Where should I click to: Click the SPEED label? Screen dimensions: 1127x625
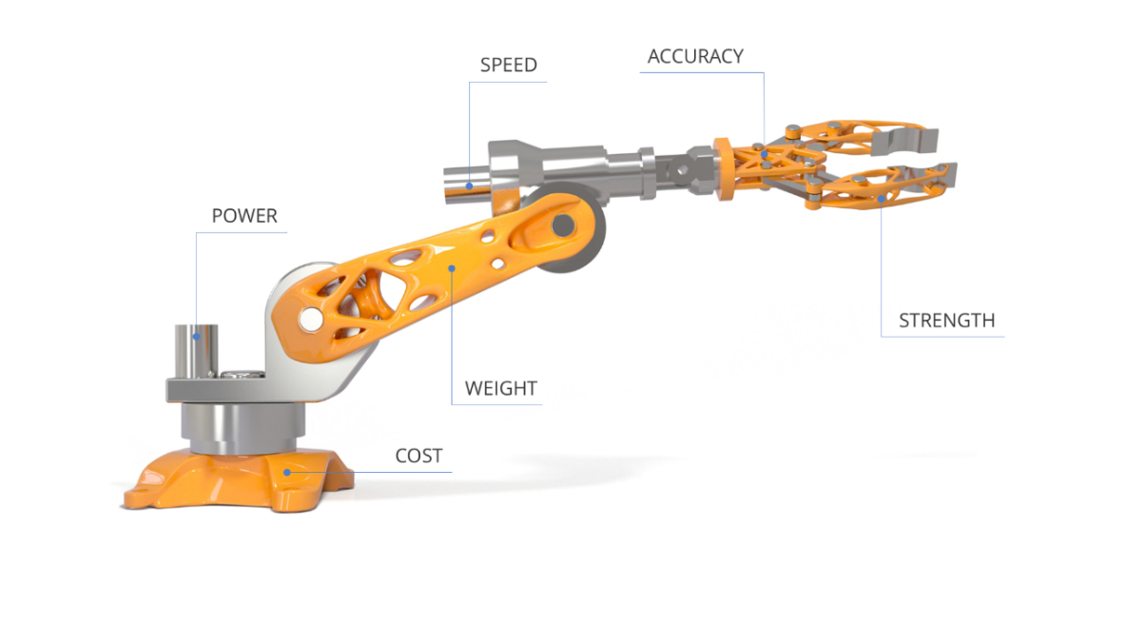click(508, 65)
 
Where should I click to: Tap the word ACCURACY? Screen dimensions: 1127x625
click(695, 56)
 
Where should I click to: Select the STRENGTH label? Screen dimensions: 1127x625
click(946, 320)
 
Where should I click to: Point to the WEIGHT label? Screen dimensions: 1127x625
click(500, 388)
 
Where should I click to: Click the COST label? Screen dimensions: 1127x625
click(418, 456)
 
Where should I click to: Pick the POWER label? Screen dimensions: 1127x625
click(244, 216)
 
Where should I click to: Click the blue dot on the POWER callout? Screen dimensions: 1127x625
click(196, 337)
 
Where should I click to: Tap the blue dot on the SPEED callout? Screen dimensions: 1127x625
click(469, 186)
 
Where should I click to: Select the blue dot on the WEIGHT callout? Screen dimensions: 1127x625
click(452, 269)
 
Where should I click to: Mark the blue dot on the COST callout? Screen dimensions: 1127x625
click(287, 473)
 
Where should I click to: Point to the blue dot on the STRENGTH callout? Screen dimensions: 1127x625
click(882, 199)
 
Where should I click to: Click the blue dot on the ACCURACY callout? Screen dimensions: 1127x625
click(765, 154)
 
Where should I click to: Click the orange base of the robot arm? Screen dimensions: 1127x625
click(237, 479)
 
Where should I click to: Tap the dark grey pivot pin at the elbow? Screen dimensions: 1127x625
click(563, 225)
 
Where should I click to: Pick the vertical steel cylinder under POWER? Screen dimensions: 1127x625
click(196, 351)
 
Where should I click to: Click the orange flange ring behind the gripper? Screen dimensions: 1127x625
click(723, 169)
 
